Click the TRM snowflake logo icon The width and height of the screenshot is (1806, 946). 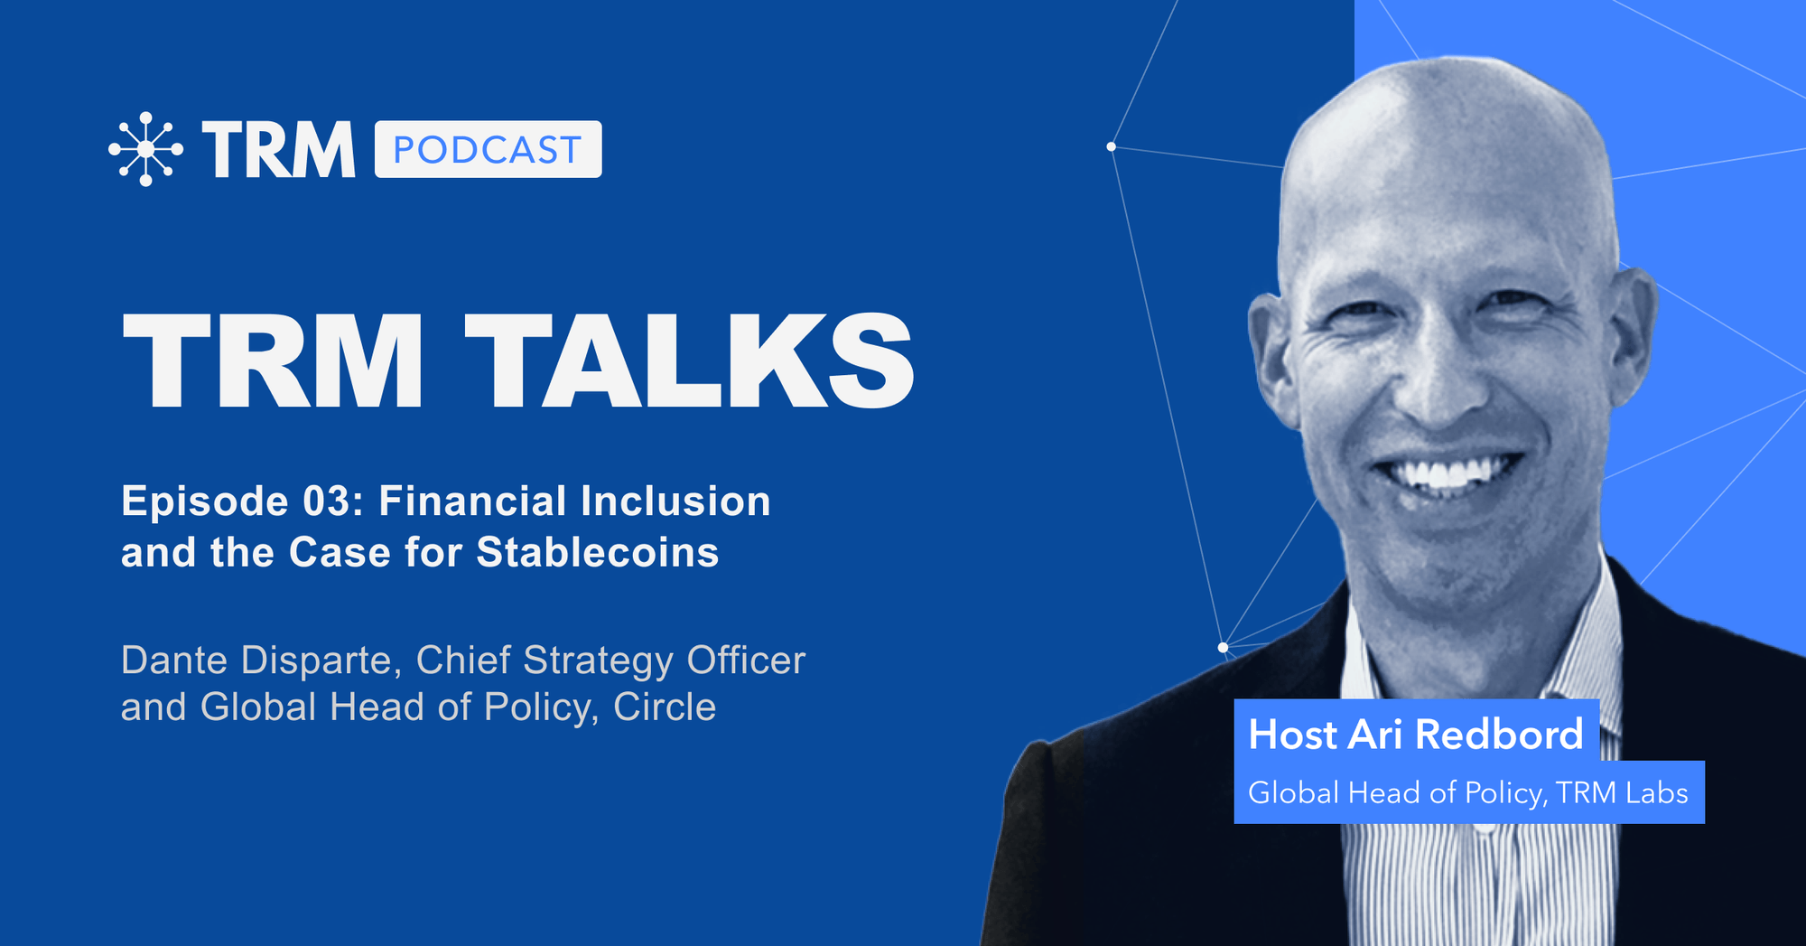point(145,149)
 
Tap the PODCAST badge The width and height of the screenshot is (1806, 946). point(488,149)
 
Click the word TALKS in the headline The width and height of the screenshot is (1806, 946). point(690,361)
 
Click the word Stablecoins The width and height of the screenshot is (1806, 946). point(598,553)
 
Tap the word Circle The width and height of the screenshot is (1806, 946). point(665,707)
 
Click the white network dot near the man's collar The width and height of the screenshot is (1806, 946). point(1223,647)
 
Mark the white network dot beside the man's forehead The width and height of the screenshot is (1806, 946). point(1111,146)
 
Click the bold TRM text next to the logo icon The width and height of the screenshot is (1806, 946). point(279,149)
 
